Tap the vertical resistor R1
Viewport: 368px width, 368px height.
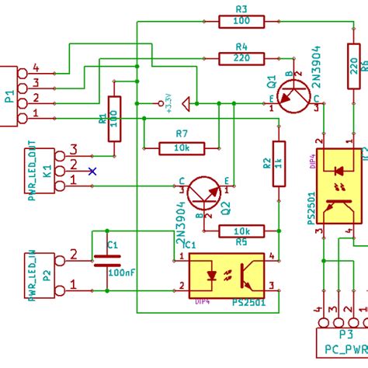click(x=115, y=119)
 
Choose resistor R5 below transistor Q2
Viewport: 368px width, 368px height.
click(x=241, y=231)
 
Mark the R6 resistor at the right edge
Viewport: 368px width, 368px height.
click(x=355, y=74)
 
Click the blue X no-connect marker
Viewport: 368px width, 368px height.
click(x=92, y=171)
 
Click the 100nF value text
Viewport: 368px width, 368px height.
click(x=123, y=274)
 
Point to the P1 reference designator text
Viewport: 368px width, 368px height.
click(x=9, y=97)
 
